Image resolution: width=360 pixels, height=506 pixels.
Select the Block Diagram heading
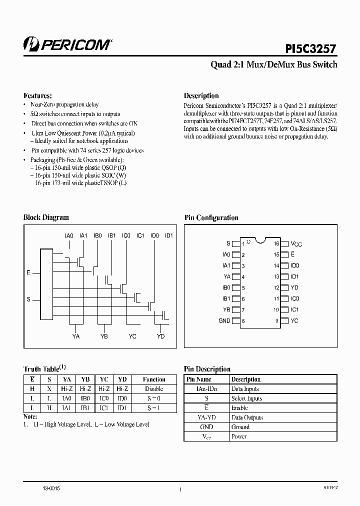click(x=46, y=217)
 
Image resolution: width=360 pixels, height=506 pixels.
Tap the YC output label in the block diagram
click(x=132, y=336)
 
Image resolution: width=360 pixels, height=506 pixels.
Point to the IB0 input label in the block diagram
click(x=98, y=235)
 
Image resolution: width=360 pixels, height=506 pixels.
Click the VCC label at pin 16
click(x=296, y=244)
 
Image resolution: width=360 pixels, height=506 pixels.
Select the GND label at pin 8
click(x=224, y=320)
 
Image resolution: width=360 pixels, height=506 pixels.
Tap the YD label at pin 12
click(x=294, y=287)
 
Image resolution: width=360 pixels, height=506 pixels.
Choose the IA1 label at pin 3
click(x=226, y=265)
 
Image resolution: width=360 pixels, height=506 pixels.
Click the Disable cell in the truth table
click(x=153, y=388)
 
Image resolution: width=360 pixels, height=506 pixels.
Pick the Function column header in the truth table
click(x=153, y=379)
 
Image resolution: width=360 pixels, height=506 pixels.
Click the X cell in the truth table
click(x=49, y=388)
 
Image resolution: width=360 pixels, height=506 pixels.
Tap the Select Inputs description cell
click(x=246, y=398)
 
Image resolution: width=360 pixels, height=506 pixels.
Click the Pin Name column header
click(x=198, y=379)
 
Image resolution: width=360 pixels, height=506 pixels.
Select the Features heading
click(x=38, y=95)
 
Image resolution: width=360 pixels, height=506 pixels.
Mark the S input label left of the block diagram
click(x=28, y=299)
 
